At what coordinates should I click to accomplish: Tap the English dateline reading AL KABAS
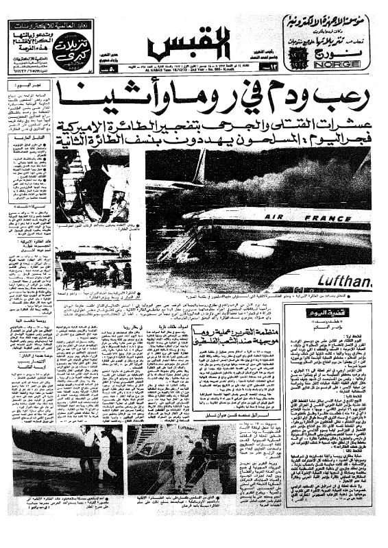tap(167, 70)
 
